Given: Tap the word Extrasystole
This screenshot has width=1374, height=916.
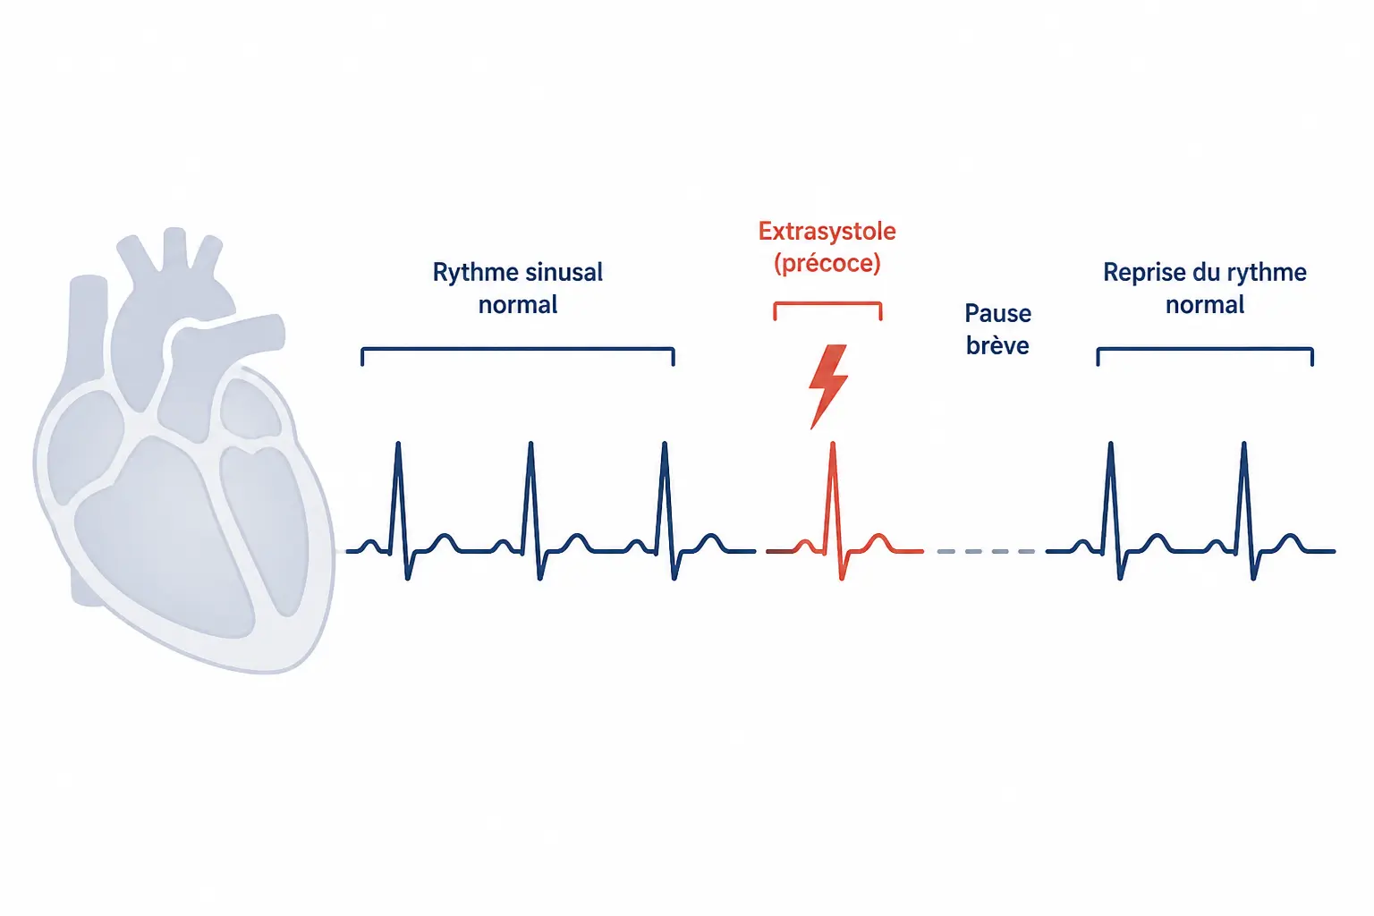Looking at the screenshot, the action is tap(827, 232).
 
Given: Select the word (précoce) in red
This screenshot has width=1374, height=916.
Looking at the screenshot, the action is tap(827, 263).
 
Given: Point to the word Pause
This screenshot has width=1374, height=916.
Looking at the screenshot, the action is tap(998, 313).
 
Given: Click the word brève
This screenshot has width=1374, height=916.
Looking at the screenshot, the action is tap(998, 345).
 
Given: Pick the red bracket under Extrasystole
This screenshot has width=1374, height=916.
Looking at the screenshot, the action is tap(827, 303).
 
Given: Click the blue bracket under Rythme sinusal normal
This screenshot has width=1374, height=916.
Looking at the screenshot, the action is tap(518, 349).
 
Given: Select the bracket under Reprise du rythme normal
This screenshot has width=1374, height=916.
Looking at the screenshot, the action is tap(1205, 349).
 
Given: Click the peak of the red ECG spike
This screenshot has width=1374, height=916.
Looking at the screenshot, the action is tap(833, 443).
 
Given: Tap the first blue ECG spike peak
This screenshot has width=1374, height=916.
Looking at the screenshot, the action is tap(398, 443).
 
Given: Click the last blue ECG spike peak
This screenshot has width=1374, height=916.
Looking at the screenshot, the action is tap(1243, 443).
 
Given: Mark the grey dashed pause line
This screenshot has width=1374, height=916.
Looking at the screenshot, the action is tap(986, 552).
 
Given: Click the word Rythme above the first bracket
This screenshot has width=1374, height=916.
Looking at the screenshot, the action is tap(473, 273).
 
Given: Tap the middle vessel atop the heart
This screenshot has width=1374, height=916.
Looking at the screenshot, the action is tap(174, 249).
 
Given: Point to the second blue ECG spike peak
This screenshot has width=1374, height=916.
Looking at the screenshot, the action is tap(530, 443).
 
